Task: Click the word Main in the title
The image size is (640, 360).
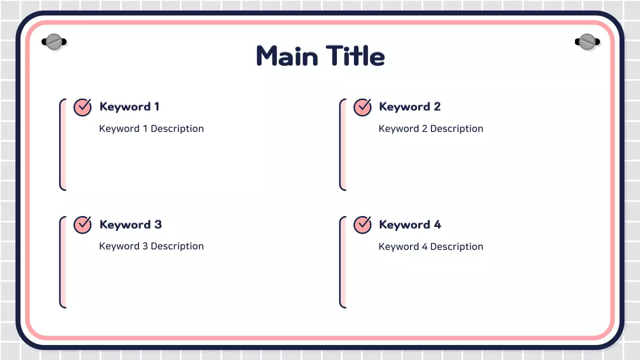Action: coord(287,56)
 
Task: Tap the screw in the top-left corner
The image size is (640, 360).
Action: coord(53,42)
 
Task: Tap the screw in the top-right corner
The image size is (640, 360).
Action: coord(586,42)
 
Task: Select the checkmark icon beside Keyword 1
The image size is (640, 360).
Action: coord(82,107)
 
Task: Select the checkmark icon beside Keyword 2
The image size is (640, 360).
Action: coord(362,107)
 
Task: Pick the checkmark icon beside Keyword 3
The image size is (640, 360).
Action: coord(82,224)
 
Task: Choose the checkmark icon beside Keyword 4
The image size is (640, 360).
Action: coord(362,224)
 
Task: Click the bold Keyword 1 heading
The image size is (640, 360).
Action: coord(129,106)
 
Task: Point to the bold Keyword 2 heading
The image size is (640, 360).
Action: coord(409,106)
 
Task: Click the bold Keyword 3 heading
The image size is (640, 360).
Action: coord(130,224)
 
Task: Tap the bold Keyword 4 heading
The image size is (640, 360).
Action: coord(410,224)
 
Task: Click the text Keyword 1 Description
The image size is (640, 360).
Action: coord(151,128)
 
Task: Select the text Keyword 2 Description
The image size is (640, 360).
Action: coord(431,128)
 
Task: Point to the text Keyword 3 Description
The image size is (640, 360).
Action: coord(151,246)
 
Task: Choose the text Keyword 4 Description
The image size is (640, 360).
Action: coord(431,246)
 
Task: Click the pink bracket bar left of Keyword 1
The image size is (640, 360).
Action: coord(63,144)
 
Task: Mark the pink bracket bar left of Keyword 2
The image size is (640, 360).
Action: coord(343,144)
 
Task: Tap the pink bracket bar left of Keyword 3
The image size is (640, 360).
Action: coord(63,262)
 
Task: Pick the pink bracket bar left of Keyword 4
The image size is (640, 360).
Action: coord(343,262)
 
